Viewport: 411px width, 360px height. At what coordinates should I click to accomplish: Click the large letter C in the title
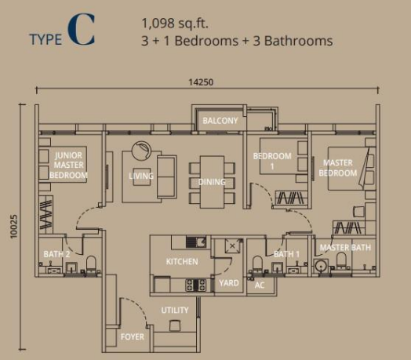(81, 30)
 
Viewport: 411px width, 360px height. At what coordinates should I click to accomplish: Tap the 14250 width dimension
(201, 82)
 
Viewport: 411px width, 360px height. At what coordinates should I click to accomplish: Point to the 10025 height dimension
(13, 227)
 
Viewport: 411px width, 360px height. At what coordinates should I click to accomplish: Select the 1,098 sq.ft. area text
(175, 24)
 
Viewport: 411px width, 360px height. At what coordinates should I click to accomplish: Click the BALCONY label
(220, 121)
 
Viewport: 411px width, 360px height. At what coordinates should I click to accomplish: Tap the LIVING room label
(141, 176)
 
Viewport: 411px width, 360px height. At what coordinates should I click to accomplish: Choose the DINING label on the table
(212, 182)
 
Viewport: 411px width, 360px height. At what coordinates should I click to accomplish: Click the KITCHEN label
(182, 261)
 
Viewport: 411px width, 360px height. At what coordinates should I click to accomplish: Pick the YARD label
(229, 283)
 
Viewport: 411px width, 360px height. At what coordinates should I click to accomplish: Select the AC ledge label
(260, 285)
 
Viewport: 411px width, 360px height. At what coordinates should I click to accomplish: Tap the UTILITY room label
(175, 310)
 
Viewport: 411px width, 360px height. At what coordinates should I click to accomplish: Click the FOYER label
(133, 336)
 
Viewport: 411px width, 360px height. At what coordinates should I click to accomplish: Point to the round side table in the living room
(141, 151)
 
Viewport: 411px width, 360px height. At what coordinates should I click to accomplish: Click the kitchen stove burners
(196, 285)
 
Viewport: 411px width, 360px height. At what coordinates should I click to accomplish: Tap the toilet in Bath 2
(91, 264)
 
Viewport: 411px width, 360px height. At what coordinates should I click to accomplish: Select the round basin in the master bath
(321, 266)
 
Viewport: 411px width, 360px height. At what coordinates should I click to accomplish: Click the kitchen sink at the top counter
(196, 242)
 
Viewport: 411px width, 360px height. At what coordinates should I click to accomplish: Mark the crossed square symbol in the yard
(232, 246)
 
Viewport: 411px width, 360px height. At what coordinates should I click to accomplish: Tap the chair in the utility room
(175, 325)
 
